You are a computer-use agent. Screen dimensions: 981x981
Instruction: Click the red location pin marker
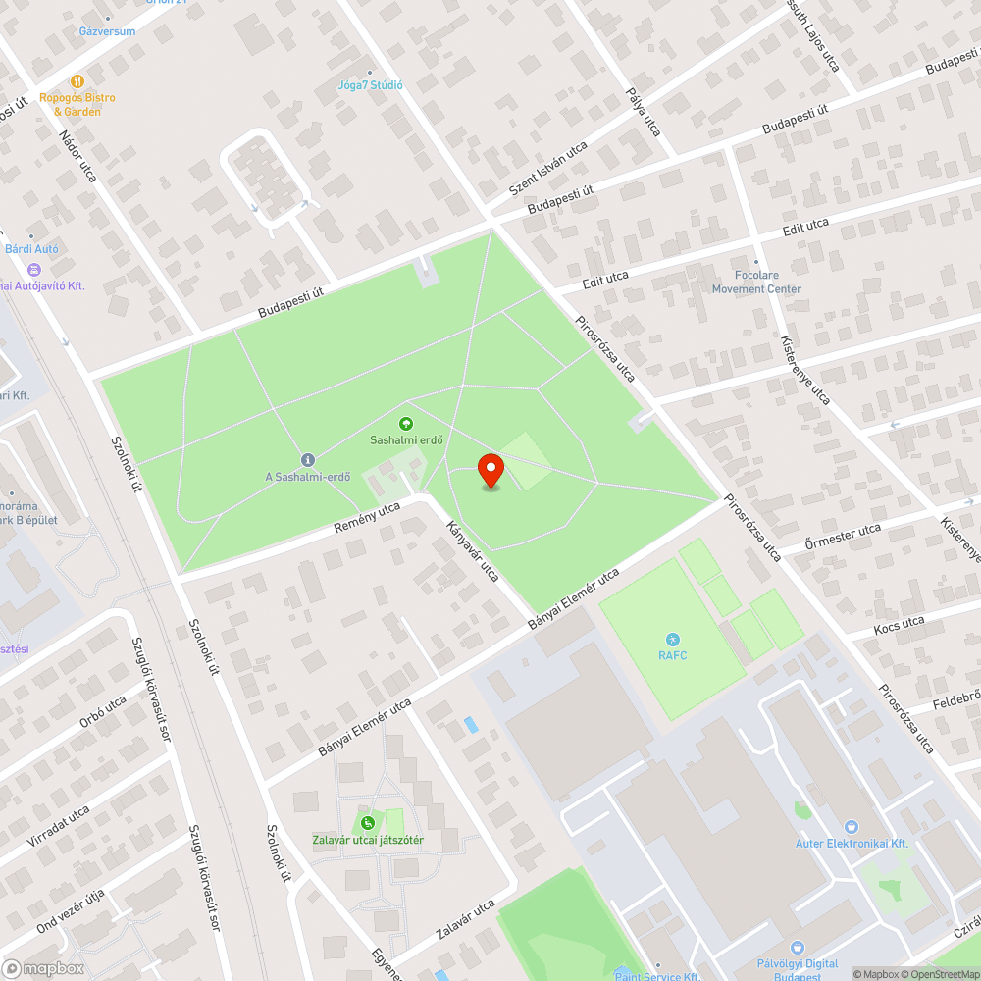pyautogui.click(x=490, y=470)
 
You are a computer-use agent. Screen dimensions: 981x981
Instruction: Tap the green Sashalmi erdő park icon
pyautogui.click(x=405, y=424)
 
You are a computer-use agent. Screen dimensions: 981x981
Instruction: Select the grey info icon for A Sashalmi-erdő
pyautogui.click(x=307, y=459)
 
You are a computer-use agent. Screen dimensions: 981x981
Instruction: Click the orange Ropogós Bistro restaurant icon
pyautogui.click(x=77, y=81)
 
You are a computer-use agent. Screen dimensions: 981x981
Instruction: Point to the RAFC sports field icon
pyautogui.click(x=673, y=639)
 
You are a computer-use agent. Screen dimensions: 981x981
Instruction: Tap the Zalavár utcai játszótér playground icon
pyautogui.click(x=367, y=823)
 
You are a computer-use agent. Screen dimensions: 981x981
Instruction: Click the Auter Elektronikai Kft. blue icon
pyautogui.click(x=851, y=827)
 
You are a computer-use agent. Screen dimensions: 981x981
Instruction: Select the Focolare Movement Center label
pyautogui.click(x=756, y=282)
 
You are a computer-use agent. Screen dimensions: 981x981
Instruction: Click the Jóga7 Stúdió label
pyautogui.click(x=370, y=84)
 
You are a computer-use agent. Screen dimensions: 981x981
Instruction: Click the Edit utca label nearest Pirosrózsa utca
pyautogui.click(x=605, y=280)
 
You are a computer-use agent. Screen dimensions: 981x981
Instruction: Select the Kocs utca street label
pyautogui.click(x=899, y=625)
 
